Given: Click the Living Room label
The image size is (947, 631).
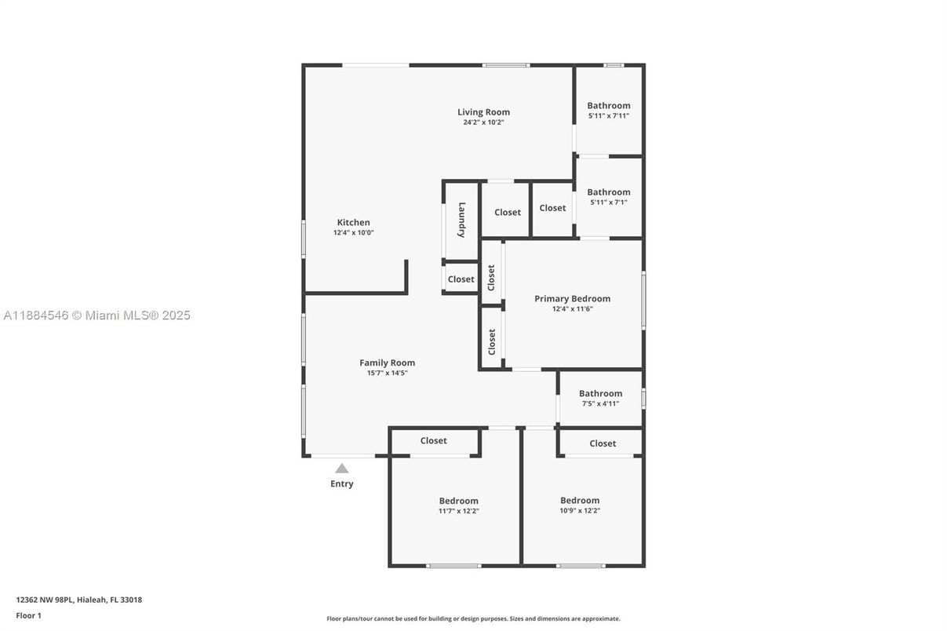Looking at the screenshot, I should (x=483, y=112).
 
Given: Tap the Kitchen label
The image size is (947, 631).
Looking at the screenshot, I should (x=353, y=222).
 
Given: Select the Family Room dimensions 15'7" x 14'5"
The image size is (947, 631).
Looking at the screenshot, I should (x=387, y=373).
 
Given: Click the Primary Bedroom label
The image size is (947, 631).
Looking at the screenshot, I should (x=572, y=298).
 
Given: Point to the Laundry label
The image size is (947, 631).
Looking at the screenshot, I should (x=462, y=220).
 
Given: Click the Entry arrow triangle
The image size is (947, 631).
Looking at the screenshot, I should (x=341, y=469).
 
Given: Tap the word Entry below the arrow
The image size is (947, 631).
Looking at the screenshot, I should (x=341, y=483).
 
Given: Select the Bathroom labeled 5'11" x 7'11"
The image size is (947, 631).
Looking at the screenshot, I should (x=608, y=105).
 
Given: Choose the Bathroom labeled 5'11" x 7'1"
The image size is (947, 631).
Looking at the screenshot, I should (x=608, y=191).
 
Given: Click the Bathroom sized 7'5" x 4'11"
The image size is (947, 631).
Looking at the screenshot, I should (x=600, y=393).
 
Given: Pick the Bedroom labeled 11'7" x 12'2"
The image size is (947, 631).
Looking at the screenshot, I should (x=458, y=501).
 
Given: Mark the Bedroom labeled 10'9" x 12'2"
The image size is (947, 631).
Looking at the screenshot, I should (x=580, y=500).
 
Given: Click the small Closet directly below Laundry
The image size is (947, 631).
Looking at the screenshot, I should (x=461, y=279).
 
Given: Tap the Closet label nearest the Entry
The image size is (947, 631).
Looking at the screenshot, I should (x=433, y=441).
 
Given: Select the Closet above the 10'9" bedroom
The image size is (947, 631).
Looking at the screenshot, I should (x=603, y=443).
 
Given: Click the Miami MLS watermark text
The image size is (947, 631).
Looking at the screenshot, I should (x=97, y=315).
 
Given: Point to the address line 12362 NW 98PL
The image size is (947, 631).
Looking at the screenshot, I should (x=78, y=600).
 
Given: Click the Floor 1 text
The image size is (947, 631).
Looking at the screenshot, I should (x=28, y=615).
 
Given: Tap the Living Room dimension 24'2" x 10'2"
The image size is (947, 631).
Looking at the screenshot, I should (x=483, y=122).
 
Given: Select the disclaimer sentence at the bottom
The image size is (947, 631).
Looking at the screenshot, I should (x=473, y=618).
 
